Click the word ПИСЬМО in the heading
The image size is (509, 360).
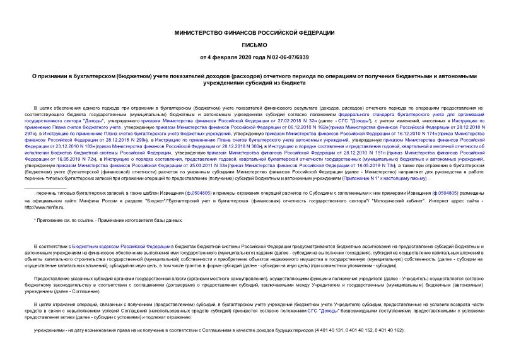[x=254, y=45]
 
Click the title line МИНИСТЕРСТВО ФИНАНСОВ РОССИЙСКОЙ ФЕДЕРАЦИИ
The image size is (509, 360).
[x=254, y=32]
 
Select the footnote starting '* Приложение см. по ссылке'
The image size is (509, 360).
[x=107, y=220]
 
